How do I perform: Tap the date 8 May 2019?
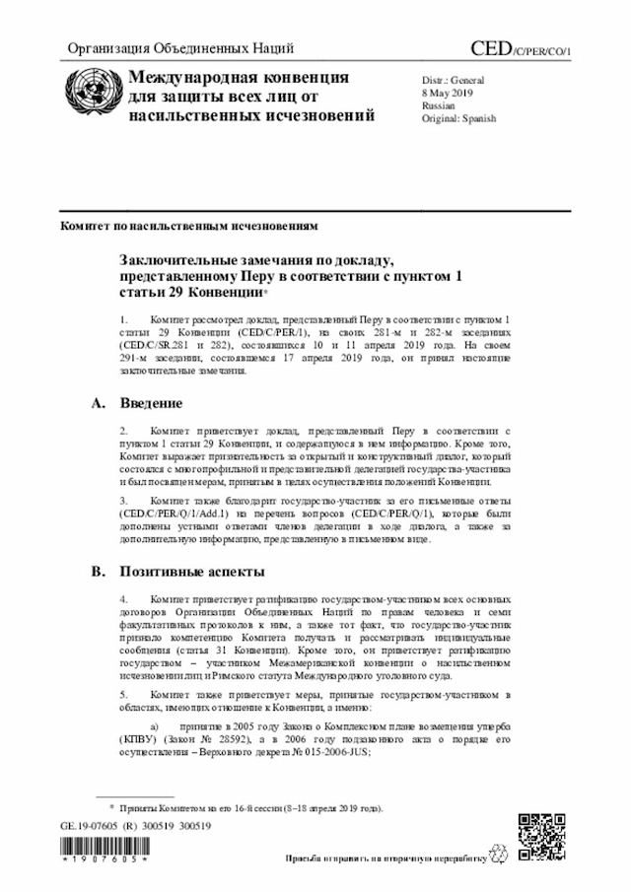point(448,92)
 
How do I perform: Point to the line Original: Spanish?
point(458,118)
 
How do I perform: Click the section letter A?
point(97,404)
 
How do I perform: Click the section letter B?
point(97,572)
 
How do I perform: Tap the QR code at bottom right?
point(542,836)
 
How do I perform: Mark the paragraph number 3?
point(123,502)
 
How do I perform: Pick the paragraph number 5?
point(123,694)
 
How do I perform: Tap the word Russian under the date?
point(439,104)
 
